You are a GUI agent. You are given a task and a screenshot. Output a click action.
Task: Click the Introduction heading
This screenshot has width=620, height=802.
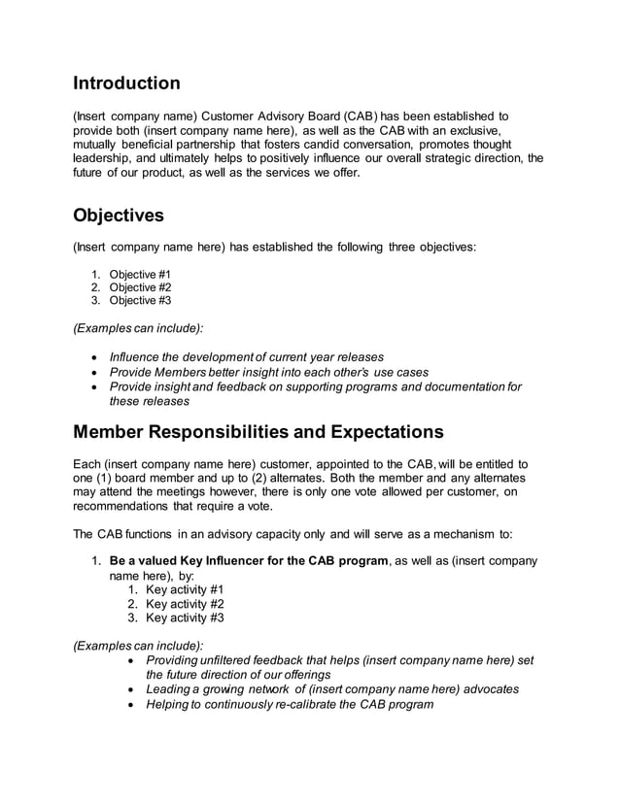(x=127, y=84)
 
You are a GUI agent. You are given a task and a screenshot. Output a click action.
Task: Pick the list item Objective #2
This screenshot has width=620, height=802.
(x=140, y=287)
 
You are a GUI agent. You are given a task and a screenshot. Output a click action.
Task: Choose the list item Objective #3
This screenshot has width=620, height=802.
(x=140, y=301)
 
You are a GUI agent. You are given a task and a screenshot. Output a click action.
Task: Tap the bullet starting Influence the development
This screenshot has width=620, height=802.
(x=247, y=357)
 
